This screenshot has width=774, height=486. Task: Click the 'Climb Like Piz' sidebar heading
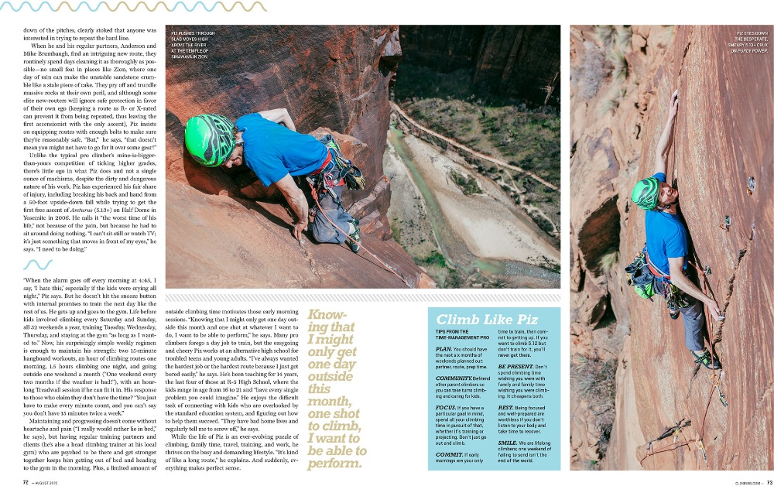click(x=477, y=319)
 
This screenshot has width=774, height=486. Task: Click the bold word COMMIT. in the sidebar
click(x=449, y=454)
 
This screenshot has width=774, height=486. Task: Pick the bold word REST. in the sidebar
click(x=505, y=406)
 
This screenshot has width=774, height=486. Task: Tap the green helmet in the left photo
click(x=209, y=139)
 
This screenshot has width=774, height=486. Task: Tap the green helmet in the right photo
click(x=644, y=193)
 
